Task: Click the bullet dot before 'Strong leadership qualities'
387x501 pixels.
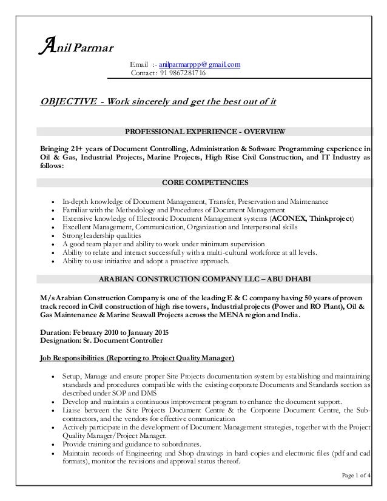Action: click(55, 235)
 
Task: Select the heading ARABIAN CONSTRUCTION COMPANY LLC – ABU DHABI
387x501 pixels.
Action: click(204, 279)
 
